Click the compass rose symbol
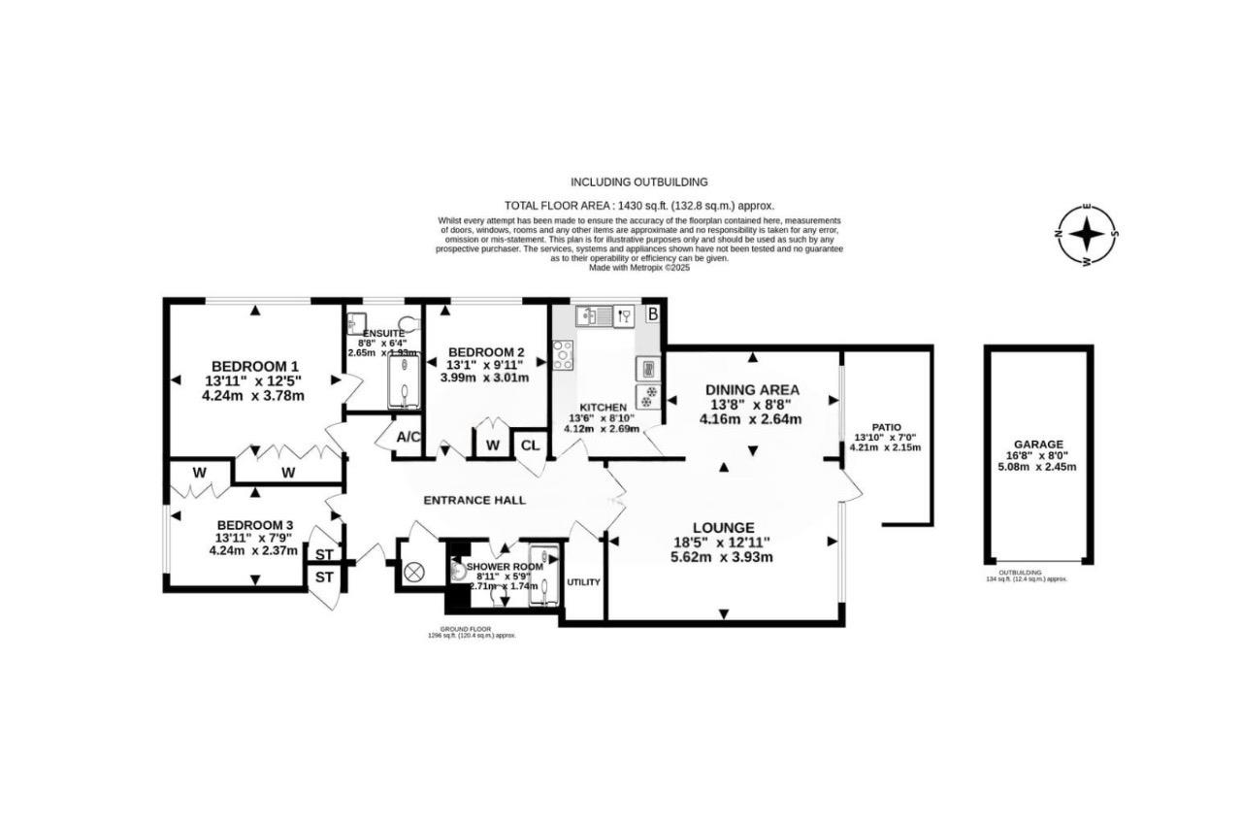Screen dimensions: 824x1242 click(1088, 234)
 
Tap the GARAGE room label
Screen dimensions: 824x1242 click(1038, 444)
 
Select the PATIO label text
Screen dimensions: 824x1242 click(886, 426)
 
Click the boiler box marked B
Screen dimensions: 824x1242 click(653, 313)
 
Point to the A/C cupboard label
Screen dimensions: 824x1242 click(409, 438)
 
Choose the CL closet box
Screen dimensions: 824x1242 click(530, 445)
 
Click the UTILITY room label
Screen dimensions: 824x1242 click(583, 582)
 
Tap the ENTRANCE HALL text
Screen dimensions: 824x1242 click(474, 500)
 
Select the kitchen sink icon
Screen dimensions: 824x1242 click(589, 314)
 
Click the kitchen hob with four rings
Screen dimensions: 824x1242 click(563, 355)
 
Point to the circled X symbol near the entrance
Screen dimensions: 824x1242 click(415, 573)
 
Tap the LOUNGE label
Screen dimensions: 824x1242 click(722, 527)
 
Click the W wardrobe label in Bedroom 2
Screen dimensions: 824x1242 click(492, 445)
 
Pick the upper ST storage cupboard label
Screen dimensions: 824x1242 click(323, 554)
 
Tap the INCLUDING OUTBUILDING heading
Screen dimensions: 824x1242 click(638, 181)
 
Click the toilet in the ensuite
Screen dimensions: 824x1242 click(407, 322)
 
